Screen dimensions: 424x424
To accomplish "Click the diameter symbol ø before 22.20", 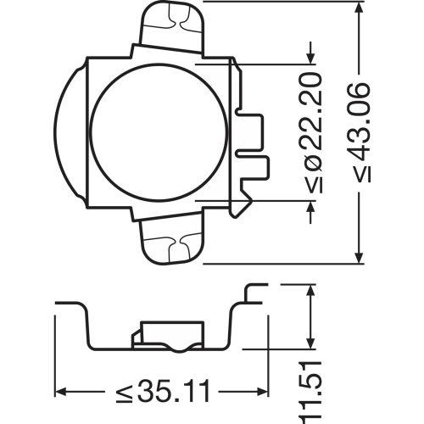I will point(311,163).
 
